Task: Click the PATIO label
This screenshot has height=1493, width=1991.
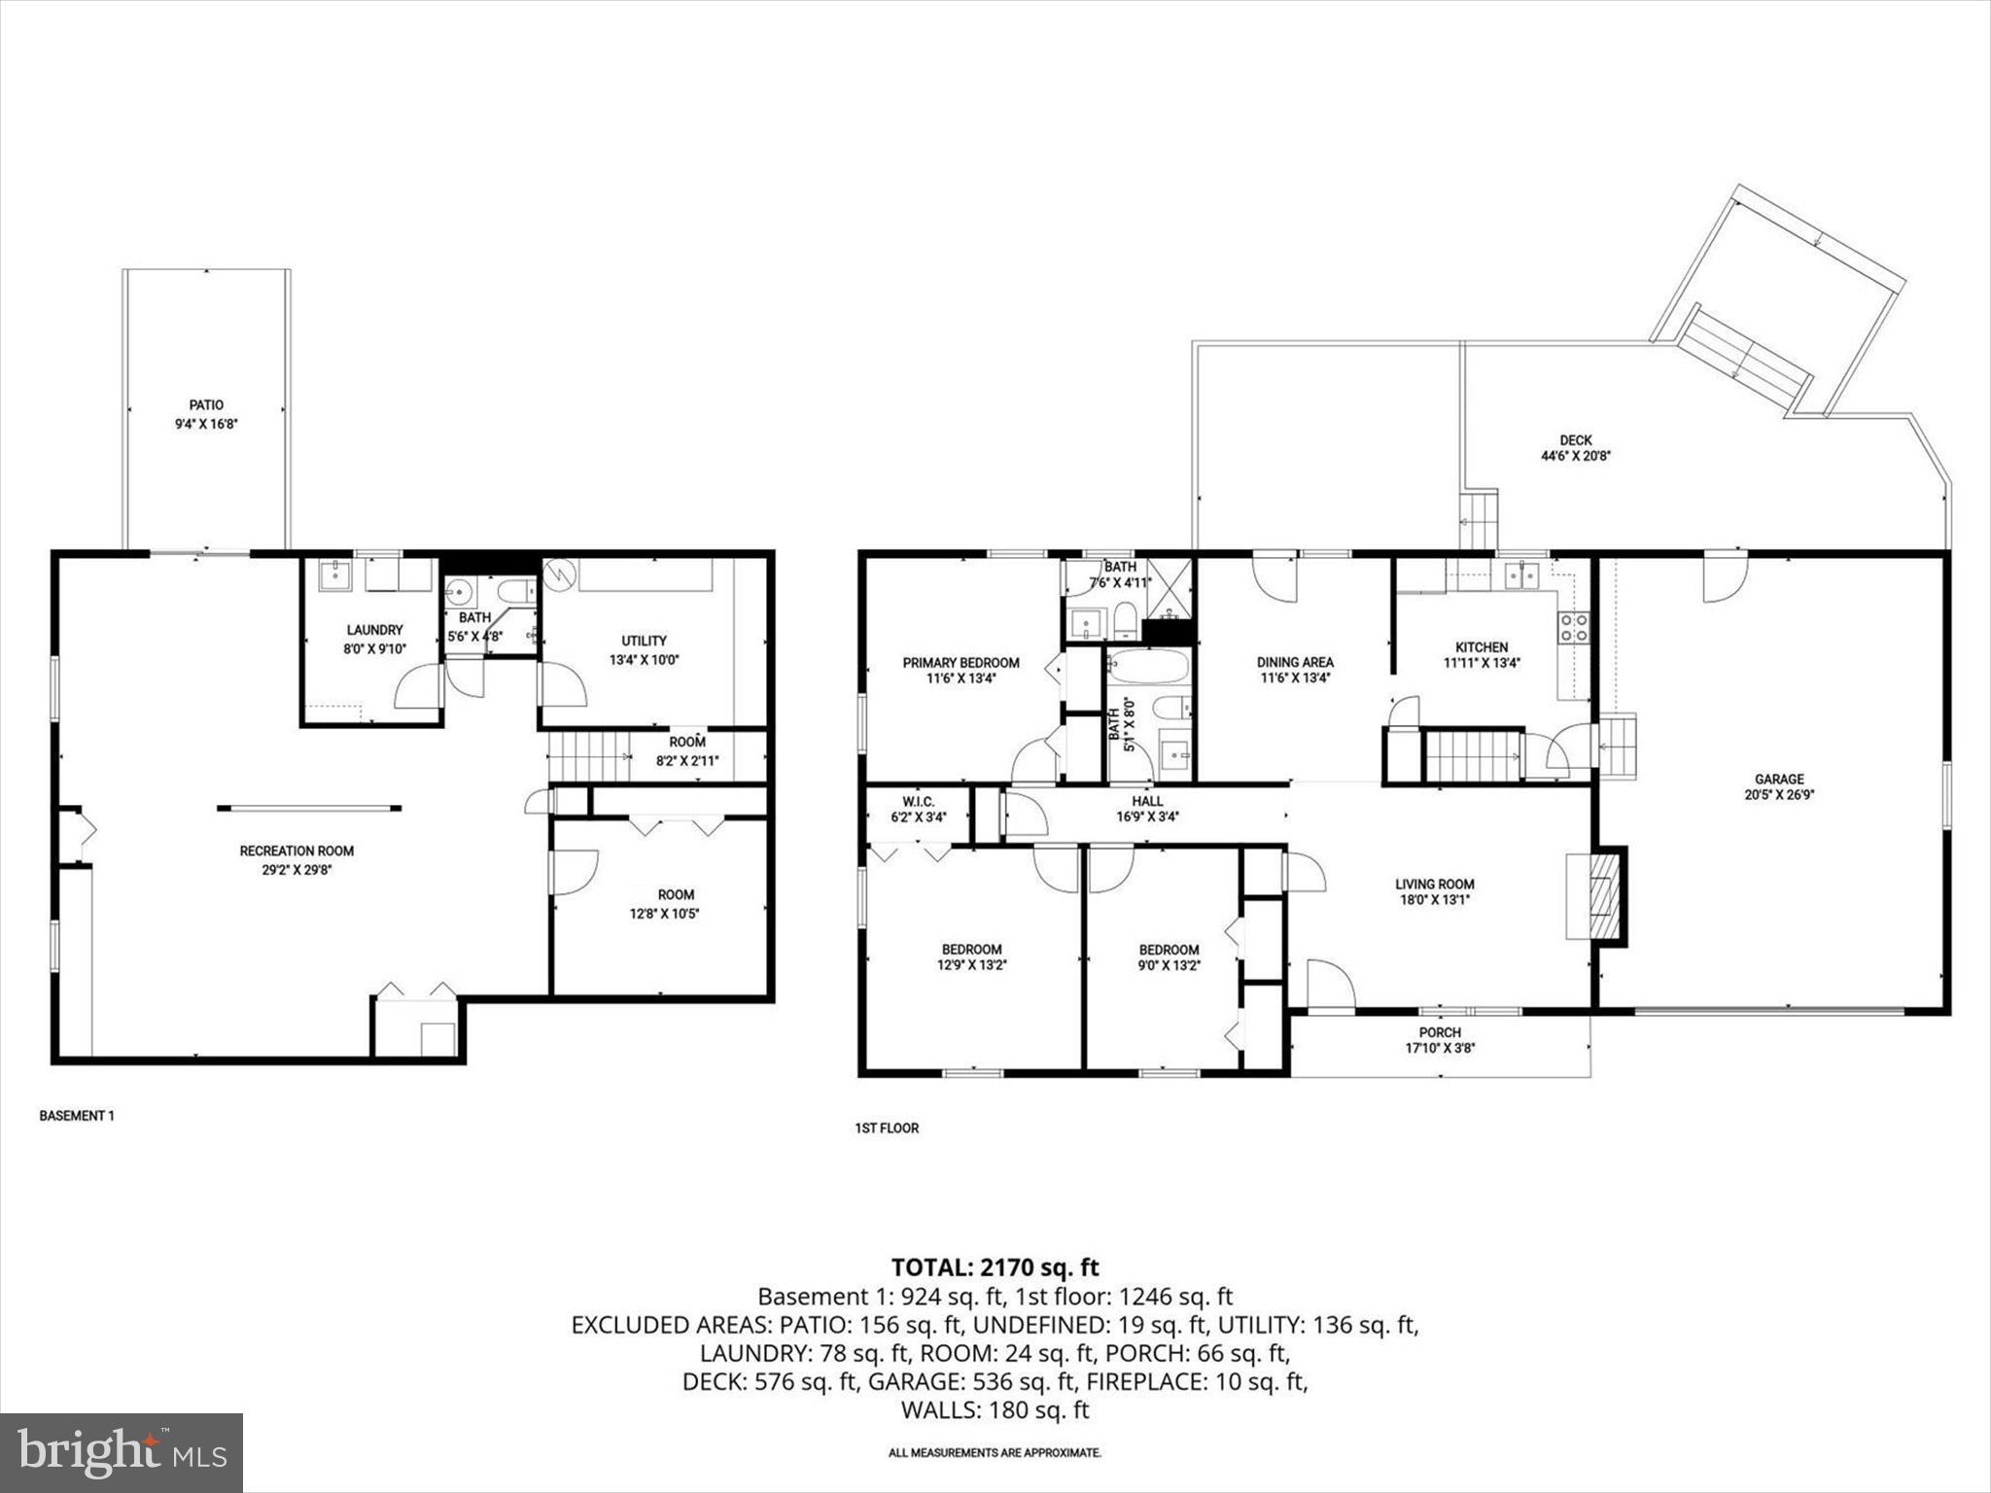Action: (x=205, y=405)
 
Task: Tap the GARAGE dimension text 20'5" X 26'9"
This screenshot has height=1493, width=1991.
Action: (x=1779, y=794)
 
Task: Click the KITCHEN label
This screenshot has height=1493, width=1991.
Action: (x=1481, y=647)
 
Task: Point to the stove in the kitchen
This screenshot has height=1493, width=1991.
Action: (x=1574, y=628)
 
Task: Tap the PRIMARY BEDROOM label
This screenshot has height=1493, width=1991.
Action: (x=961, y=663)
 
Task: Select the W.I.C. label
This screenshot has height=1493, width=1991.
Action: (x=918, y=802)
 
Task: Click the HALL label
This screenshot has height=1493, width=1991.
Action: (x=1147, y=802)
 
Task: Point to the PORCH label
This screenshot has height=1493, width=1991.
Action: (x=1440, y=1032)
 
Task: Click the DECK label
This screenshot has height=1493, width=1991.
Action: (x=1576, y=440)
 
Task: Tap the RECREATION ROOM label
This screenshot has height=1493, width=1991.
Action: (x=297, y=851)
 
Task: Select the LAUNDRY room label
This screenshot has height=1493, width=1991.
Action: (x=374, y=630)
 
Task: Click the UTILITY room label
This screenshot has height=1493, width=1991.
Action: (x=644, y=641)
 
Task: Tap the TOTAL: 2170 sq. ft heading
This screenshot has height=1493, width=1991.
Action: (x=995, y=1267)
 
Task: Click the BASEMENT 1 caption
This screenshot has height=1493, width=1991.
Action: (x=77, y=1116)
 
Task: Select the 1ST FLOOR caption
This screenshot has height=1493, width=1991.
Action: (x=887, y=1128)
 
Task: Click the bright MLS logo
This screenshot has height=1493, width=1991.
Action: (x=122, y=1453)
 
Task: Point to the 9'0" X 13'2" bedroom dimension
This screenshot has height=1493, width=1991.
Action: (x=1169, y=965)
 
